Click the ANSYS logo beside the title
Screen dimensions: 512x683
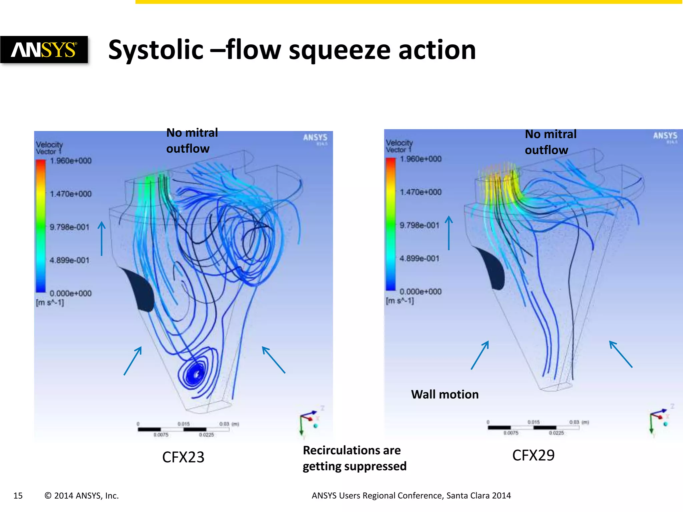tap(44, 50)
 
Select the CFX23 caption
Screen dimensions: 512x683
tap(183, 457)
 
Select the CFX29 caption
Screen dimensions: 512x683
tap(533, 455)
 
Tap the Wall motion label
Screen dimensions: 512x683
tap(445, 394)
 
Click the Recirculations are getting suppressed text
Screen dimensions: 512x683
tap(354, 458)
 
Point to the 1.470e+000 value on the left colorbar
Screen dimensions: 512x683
tap(70, 194)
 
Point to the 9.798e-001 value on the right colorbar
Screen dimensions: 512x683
tap(419, 225)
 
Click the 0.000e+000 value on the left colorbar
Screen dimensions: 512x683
tap(70, 293)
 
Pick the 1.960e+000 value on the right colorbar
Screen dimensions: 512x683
tap(421, 159)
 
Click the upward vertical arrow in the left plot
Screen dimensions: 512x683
tap(102, 239)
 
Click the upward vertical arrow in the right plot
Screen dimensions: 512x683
tap(449, 233)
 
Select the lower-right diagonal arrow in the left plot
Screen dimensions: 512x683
tap(273, 360)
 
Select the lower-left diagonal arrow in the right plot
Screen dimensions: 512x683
tap(480, 355)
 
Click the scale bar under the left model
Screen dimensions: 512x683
tap(183, 429)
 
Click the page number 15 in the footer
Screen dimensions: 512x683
tap(18, 496)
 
